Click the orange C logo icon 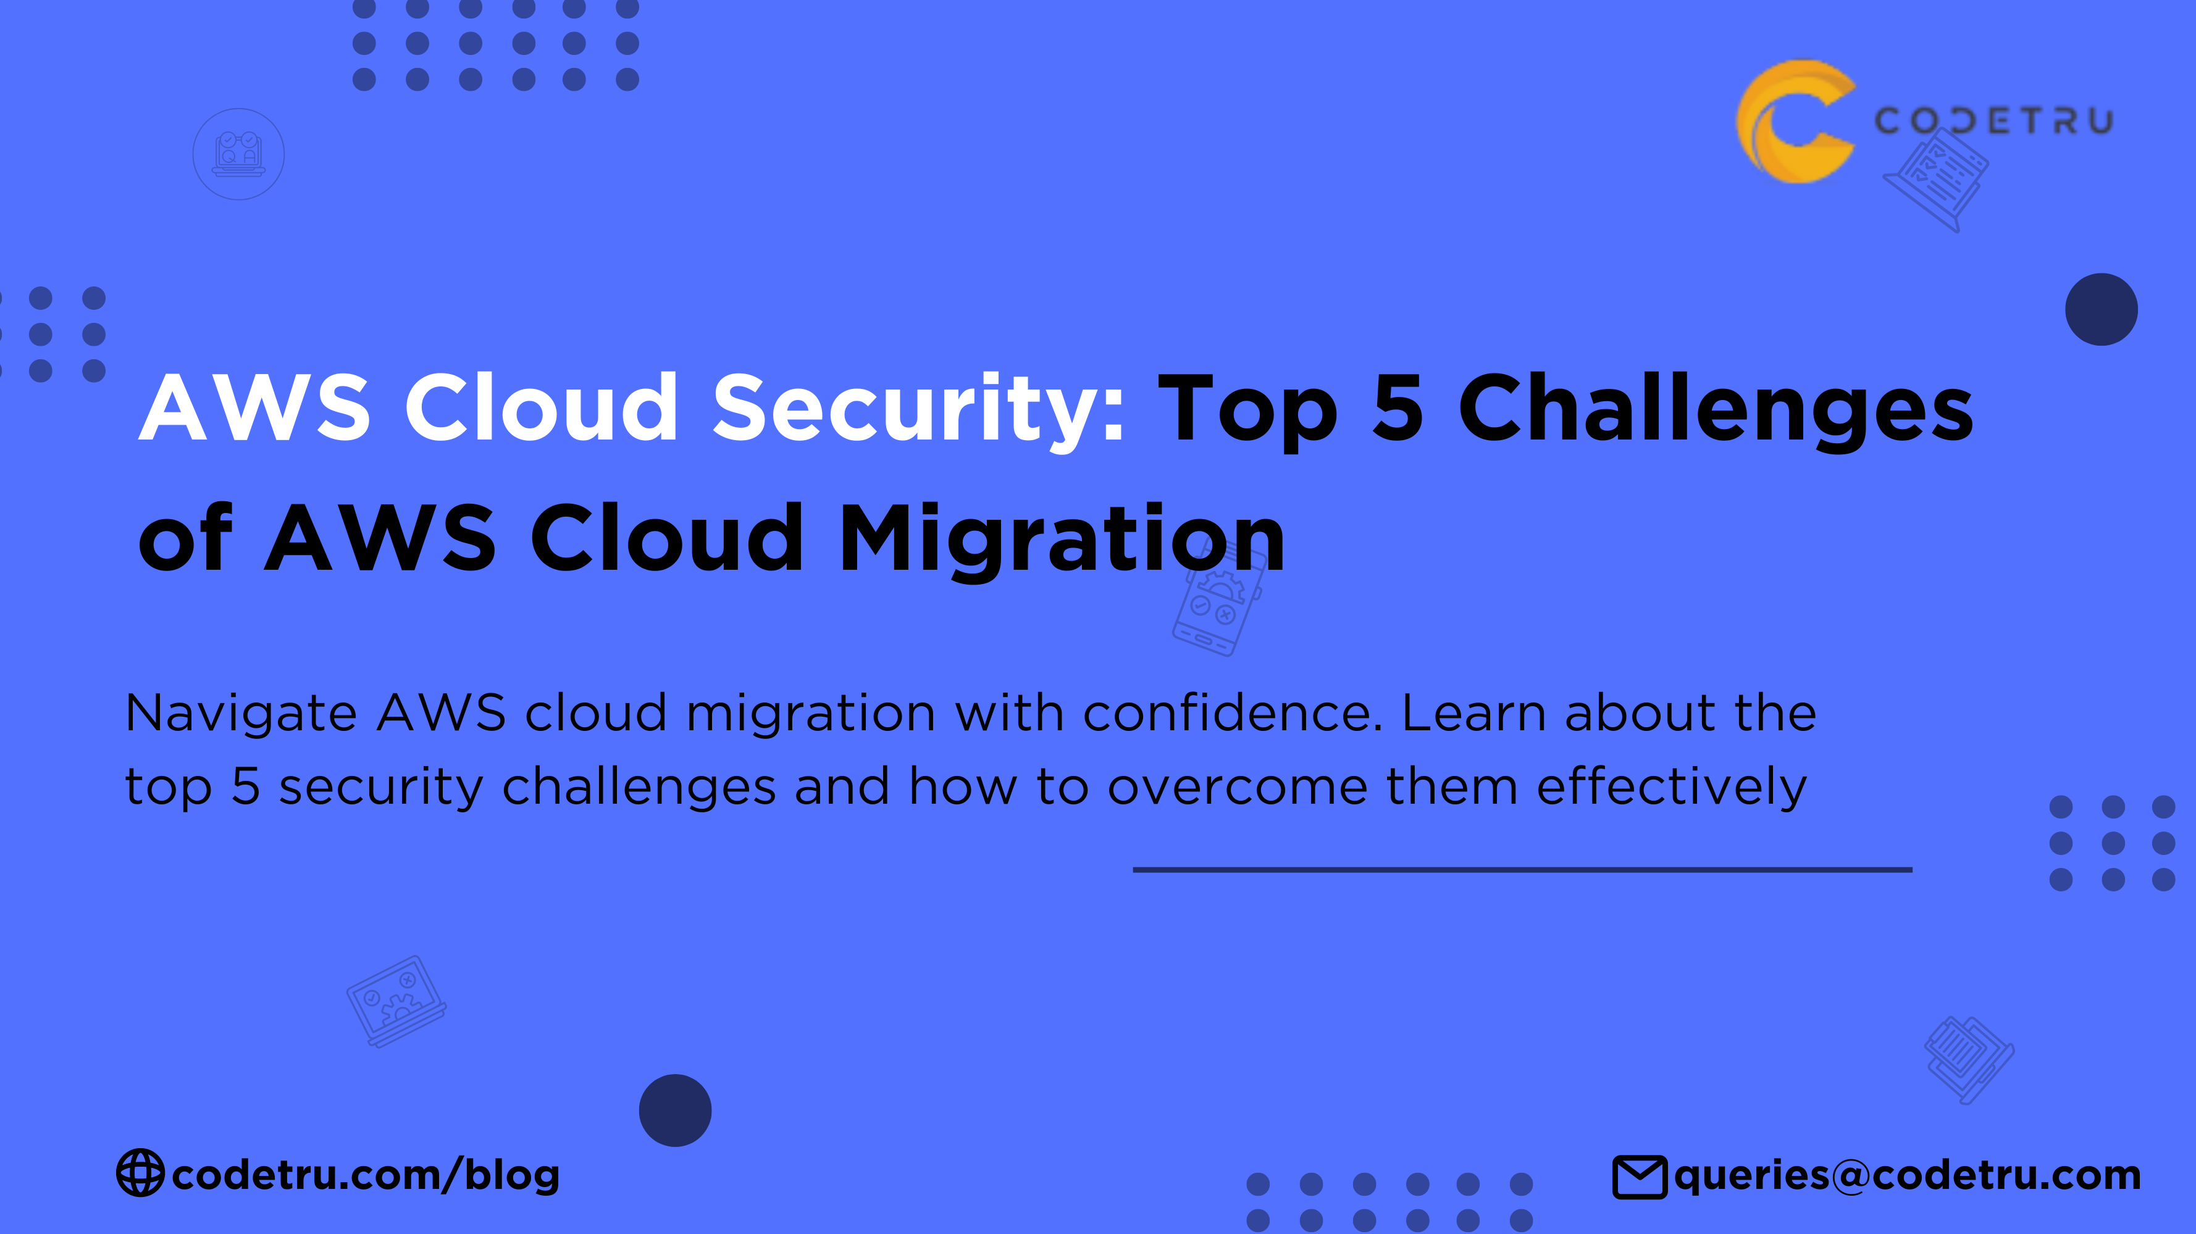1795,121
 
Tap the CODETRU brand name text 1993,121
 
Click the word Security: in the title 919,409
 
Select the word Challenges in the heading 1715,409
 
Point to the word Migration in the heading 1062,538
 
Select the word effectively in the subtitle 1671,786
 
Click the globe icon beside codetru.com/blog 140,1174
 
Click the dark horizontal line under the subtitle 1522,869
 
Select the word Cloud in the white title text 540,409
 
